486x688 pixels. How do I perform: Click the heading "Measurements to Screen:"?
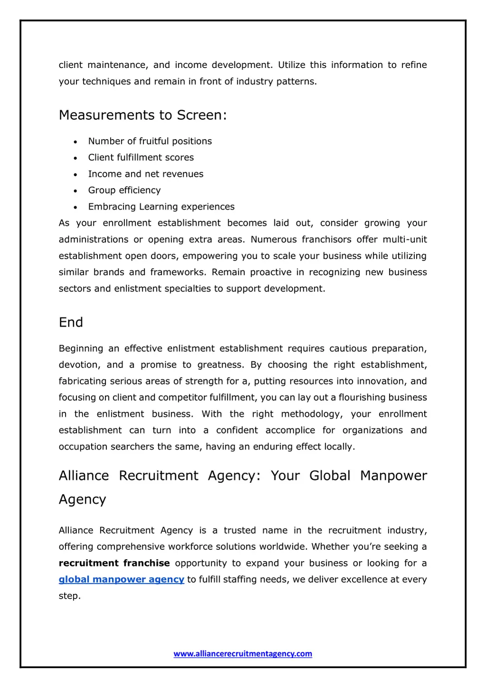[143, 115]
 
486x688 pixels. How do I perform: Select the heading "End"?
[71, 322]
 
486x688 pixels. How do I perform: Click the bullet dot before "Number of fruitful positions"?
[75, 142]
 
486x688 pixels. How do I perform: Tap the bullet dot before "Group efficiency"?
[75, 191]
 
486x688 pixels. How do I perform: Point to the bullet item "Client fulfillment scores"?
[141, 158]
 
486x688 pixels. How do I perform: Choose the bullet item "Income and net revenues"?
[146, 174]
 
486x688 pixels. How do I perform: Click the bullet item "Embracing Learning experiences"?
[161, 207]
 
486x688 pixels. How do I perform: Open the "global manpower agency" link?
[121, 580]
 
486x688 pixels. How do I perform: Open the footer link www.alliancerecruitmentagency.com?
[243, 654]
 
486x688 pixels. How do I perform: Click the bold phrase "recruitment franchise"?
[114, 563]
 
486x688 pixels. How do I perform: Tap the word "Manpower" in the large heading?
[393, 476]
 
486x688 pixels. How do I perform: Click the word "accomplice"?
[290, 431]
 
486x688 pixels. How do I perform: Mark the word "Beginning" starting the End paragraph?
[81, 349]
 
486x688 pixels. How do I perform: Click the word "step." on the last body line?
[70, 596]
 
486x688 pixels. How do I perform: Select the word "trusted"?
[240, 531]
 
